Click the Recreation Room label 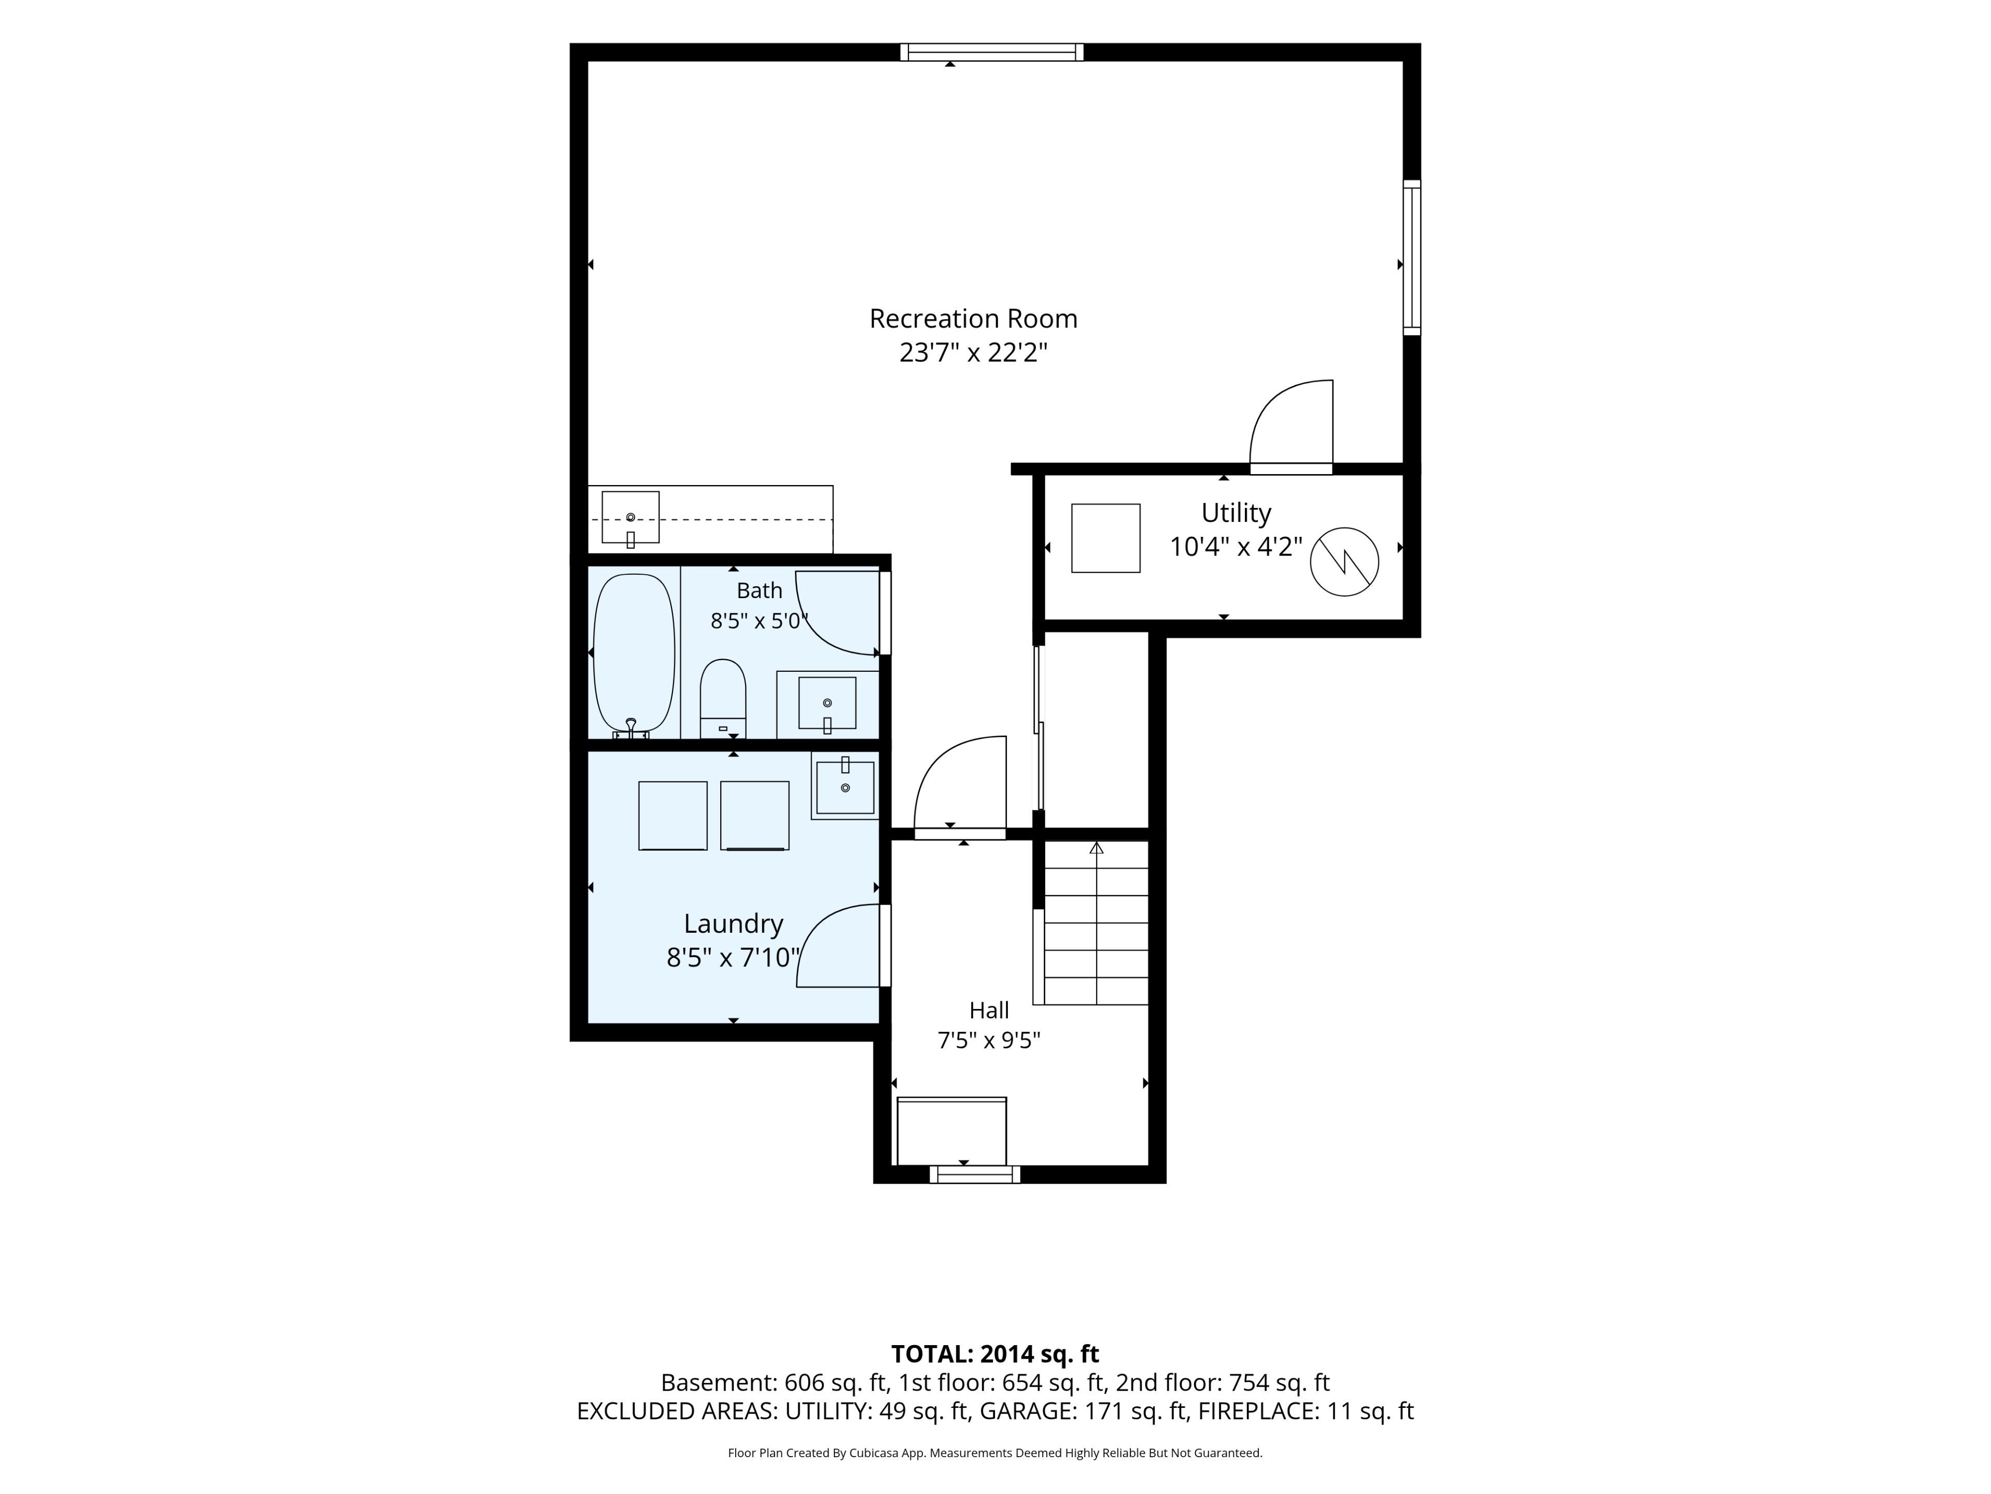point(973,319)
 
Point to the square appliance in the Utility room point(1105,537)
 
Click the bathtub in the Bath point(634,654)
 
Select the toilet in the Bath point(723,699)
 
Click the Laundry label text point(734,924)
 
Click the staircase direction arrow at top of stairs point(1096,848)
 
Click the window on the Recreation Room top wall point(991,52)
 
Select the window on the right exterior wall point(1412,257)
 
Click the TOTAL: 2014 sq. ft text point(994,1354)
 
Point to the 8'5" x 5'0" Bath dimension point(759,621)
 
